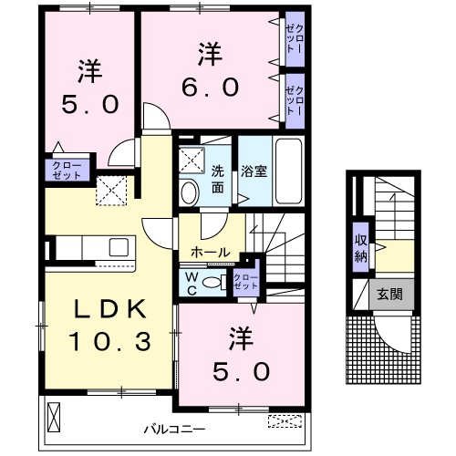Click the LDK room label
coord(98,310)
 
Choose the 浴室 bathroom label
coord(253,170)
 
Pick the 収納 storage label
coord(361,247)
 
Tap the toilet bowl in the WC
coord(213,283)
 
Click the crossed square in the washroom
coord(192,160)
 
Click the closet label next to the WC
coord(245,282)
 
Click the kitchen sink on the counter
coord(118,246)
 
